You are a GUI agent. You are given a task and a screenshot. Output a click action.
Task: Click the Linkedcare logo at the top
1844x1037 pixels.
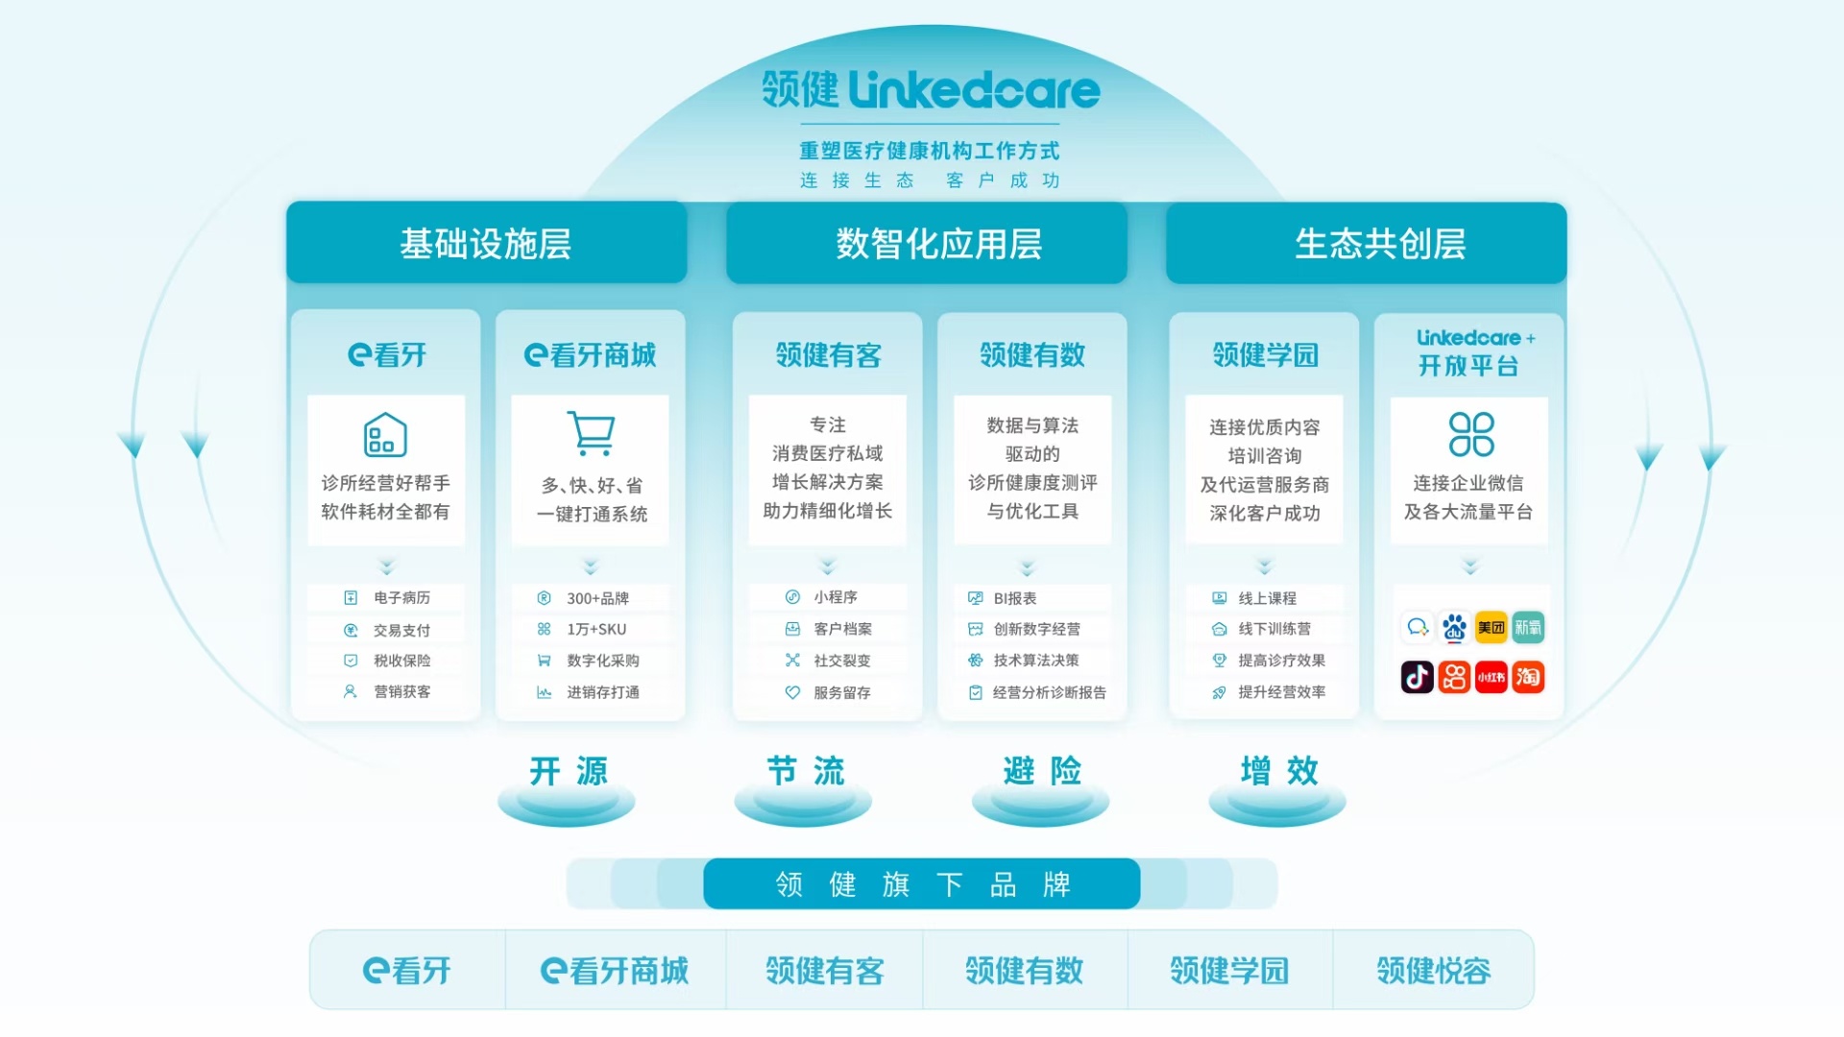pos(930,90)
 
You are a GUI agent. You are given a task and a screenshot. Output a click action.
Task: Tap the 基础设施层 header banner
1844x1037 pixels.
pos(486,243)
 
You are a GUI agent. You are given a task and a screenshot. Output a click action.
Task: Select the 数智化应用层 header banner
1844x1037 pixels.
pos(926,243)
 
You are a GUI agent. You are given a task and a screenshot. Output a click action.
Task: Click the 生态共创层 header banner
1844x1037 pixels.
pos(1366,243)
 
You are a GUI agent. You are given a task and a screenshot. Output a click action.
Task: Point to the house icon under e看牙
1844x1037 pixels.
pos(385,435)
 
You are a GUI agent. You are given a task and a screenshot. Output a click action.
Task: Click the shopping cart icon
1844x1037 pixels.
pos(591,433)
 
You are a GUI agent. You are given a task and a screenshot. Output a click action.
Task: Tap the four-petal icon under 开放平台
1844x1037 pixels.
pos(1470,434)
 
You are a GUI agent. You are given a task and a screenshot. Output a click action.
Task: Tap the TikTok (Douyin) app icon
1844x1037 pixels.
pos(1417,677)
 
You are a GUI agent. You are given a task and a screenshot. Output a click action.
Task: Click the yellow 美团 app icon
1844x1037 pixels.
pos(1491,627)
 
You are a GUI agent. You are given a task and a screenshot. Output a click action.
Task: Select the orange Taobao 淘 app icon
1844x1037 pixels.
pos(1528,677)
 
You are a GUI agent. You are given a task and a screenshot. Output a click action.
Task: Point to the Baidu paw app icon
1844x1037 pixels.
pos(1454,627)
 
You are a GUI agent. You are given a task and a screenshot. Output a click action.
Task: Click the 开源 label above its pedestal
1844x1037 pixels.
pos(568,770)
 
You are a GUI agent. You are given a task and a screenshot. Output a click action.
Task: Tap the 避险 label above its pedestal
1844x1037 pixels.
pos(1041,770)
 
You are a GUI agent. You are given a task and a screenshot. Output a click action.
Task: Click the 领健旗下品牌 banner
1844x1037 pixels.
pos(921,883)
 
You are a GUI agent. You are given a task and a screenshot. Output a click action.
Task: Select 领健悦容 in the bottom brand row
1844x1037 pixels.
pos(1433,971)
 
